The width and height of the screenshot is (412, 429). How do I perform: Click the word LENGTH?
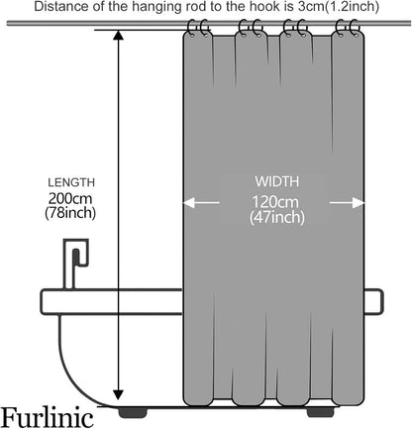(71, 182)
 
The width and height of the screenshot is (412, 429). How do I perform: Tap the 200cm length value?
(70, 199)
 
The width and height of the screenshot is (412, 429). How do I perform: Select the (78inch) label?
(70, 213)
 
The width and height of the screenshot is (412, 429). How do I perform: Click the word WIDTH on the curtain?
(276, 181)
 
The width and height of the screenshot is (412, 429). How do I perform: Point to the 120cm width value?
(275, 202)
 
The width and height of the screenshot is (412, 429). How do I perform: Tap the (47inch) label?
(276, 217)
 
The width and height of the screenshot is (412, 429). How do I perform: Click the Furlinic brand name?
(48, 417)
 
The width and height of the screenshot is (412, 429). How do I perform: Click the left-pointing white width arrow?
(201, 202)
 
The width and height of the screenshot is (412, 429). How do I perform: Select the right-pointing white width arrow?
(347, 202)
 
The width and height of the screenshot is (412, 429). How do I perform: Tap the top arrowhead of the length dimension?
(118, 35)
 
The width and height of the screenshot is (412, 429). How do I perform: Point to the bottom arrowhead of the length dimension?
(118, 394)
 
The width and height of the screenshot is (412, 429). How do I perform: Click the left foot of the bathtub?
(133, 412)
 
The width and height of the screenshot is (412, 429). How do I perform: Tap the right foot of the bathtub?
(320, 412)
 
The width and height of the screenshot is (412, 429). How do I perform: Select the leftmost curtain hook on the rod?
(192, 28)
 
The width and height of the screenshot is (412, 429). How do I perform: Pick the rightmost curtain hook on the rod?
(355, 28)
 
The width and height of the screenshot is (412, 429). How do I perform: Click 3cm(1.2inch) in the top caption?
(338, 7)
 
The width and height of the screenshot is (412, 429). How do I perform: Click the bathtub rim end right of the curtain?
(373, 301)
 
